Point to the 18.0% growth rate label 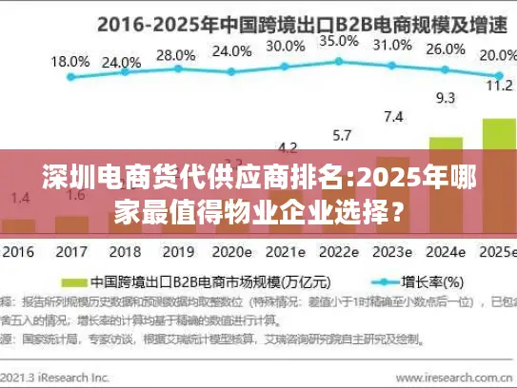click(x=70, y=60)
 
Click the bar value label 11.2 click(x=499, y=84)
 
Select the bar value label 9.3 click(x=446, y=97)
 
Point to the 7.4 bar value click(x=393, y=116)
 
